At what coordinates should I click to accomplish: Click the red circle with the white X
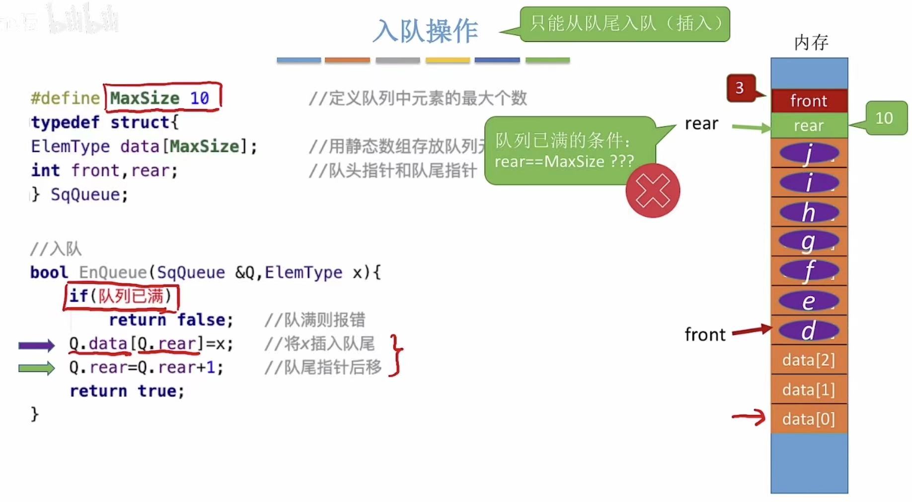(652, 191)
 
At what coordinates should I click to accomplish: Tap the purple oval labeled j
(809, 153)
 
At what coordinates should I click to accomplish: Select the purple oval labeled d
(809, 331)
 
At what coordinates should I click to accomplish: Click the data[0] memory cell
(809, 419)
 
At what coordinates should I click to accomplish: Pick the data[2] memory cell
(809, 360)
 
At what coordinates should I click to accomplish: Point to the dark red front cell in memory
(809, 101)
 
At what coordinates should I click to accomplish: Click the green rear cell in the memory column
(809, 125)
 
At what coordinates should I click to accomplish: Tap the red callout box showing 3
(740, 88)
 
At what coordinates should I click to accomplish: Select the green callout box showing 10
(885, 118)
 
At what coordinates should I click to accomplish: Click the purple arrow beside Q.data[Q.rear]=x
(36, 345)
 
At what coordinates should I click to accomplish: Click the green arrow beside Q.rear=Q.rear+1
(36, 368)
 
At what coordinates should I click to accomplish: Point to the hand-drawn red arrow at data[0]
(749, 417)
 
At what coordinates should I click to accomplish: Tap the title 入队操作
(425, 31)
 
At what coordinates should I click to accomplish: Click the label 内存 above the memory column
(811, 43)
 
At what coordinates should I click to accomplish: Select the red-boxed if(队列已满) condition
(121, 296)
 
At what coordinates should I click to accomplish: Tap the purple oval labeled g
(809, 242)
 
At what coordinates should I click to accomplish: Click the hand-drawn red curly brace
(396, 355)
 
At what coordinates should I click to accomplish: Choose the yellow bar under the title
(448, 60)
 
